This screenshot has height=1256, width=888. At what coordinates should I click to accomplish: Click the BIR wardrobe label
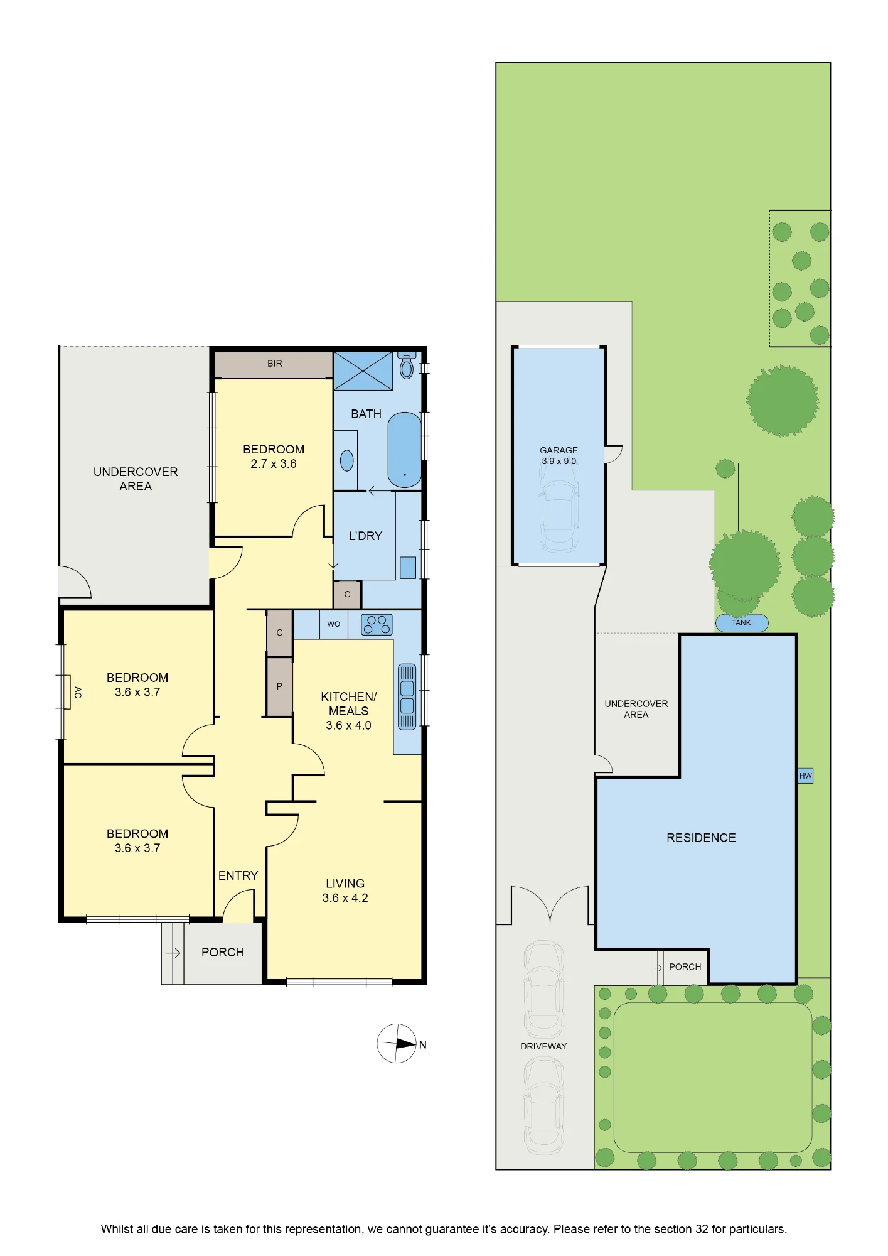(x=275, y=364)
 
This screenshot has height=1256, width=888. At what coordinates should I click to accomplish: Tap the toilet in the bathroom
(x=407, y=365)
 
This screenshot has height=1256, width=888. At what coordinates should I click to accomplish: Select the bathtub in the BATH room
(x=404, y=450)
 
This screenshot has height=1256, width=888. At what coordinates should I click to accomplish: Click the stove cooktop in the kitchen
(x=377, y=624)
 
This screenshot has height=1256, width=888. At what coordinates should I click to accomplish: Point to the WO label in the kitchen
(x=333, y=624)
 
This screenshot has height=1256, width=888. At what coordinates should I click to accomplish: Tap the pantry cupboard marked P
(x=279, y=686)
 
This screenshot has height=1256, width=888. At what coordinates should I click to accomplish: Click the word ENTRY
(x=238, y=875)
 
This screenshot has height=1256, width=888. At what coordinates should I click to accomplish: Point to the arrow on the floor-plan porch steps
(x=173, y=953)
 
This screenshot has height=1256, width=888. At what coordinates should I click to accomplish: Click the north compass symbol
(x=397, y=1043)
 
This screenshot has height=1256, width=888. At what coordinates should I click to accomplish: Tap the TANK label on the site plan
(x=741, y=623)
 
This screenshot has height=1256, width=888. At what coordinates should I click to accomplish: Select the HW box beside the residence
(x=806, y=776)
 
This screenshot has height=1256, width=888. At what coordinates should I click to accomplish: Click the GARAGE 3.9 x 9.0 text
(x=559, y=455)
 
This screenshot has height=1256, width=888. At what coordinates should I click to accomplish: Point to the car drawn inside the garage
(x=559, y=516)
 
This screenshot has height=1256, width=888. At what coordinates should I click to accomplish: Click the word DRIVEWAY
(x=543, y=1046)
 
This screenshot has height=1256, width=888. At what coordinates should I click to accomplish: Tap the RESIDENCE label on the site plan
(x=701, y=838)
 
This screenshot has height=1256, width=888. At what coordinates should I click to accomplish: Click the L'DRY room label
(x=365, y=536)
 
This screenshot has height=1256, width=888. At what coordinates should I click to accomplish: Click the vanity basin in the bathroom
(x=346, y=460)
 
